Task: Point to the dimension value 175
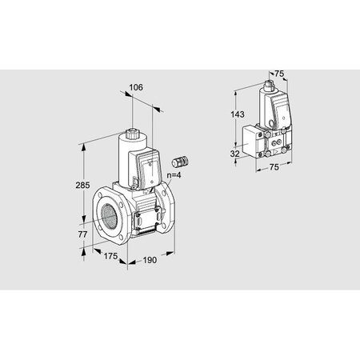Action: click(x=111, y=257)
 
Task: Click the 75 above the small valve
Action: click(x=278, y=74)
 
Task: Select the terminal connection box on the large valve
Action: click(x=153, y=169)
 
